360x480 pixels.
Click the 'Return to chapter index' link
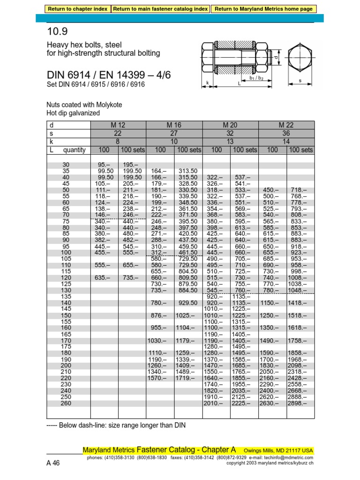78,8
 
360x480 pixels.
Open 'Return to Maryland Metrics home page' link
264,8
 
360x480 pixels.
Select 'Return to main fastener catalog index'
161,8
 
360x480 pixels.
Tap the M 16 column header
174,125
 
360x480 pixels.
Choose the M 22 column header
286,125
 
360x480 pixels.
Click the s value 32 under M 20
230,133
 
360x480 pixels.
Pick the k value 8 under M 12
118,142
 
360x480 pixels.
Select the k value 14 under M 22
286,142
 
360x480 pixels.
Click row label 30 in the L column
65,165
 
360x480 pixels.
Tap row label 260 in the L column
66,403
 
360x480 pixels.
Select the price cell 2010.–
214,403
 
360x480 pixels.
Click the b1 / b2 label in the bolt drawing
256,78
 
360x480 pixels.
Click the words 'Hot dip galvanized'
73,113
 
